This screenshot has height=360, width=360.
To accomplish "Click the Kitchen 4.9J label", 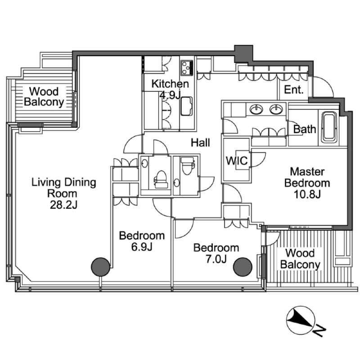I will [170, 89].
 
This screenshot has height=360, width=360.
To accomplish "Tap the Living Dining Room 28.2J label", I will [64, 193].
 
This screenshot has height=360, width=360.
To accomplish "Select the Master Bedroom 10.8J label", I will [310, 183].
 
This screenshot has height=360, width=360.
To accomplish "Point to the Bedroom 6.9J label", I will [141, 241].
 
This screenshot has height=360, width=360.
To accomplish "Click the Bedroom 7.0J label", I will [216, 253].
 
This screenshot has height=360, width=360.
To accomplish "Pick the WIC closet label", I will [236, 161].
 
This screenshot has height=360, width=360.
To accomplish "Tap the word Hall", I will [201, 143].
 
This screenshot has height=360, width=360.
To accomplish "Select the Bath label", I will [305, 130].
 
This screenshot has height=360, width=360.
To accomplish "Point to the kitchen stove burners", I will [186, 68].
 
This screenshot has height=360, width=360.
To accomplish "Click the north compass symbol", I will [301, 321].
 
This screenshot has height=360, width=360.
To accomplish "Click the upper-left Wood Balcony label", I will [44, 97].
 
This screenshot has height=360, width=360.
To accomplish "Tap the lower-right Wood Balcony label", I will [300, 259].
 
